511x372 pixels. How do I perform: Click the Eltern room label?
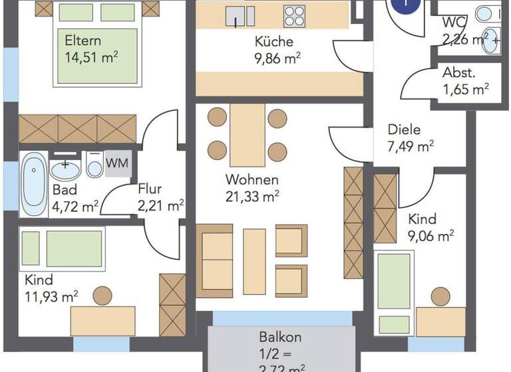click(80, 41)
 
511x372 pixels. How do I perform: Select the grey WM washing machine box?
click(118, 161)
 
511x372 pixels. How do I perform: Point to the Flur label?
click(150, 190)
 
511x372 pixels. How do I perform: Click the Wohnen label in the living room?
click(252, 179)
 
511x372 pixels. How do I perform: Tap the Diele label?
click(405, 130)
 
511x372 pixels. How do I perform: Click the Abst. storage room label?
click(460, 72)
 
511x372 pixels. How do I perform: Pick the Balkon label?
click(280, 337)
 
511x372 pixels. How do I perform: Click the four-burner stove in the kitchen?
click(296, 15)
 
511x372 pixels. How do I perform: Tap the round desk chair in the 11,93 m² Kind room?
click(103, 294)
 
